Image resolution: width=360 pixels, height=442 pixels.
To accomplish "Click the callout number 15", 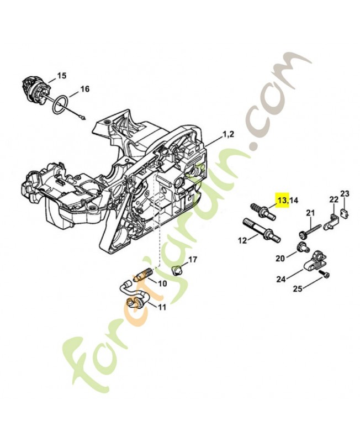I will [x=61, y=75].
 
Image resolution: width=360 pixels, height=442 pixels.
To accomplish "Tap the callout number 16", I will [x=84, y=88].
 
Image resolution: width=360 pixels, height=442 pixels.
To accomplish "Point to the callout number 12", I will [x=242, y=241].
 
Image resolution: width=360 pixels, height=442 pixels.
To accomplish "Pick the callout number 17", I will [x=193, y=259].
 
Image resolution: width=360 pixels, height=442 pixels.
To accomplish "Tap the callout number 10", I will [x=162, y=283].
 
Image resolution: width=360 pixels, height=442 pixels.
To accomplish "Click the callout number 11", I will [x=162, y=307].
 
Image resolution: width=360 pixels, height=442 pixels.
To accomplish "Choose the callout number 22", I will [x=333, y=199].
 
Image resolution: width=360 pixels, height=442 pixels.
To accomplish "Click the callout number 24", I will [x=281, y=279].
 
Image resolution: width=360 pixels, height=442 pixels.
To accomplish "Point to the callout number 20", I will [x=279, y=258].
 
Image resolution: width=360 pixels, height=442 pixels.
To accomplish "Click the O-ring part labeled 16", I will [x=61, y=104].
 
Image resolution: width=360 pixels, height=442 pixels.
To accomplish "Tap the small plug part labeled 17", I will [x=178, y=270].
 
